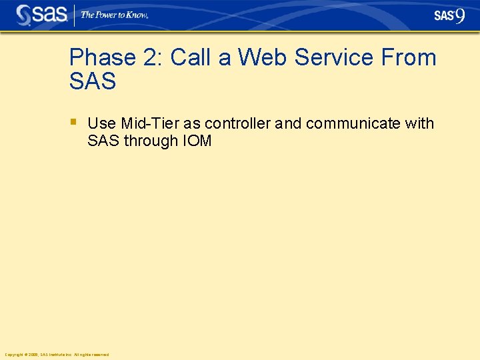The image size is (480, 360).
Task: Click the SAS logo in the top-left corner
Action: (41, 15)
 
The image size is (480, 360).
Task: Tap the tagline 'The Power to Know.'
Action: (114, 15)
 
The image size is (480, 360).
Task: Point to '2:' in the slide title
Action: (153, 58)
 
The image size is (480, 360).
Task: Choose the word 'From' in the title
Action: (409, 58)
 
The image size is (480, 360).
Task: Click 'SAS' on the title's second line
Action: (93, 82)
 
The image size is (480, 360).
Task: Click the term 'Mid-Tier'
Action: (150, 124)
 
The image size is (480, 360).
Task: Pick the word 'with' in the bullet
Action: (419, 124)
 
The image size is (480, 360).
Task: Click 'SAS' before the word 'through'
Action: (103, 141)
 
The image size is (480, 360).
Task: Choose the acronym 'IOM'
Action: (197, 141)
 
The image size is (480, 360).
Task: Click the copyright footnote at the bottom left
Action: (57, 355)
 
